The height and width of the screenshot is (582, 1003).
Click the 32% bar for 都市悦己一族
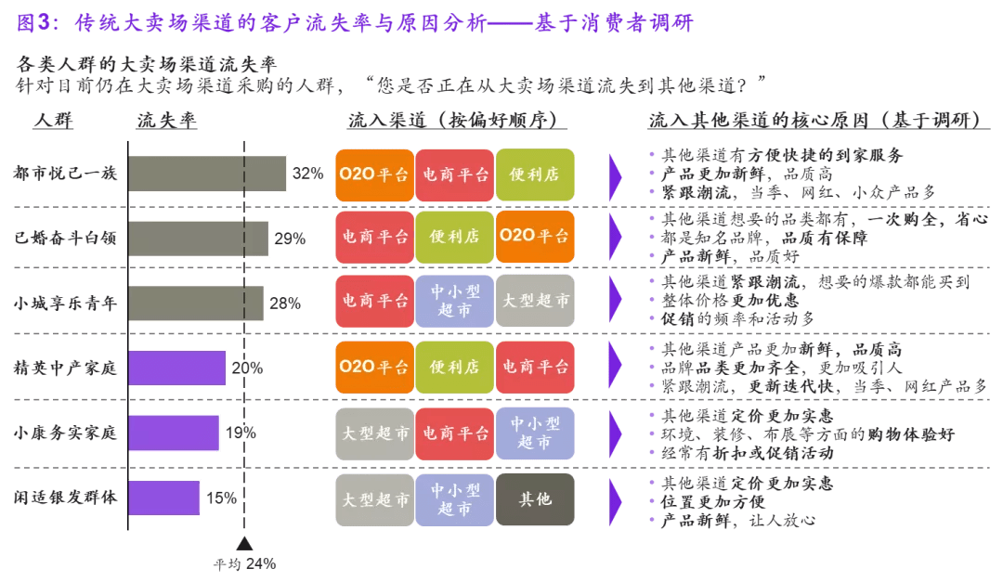pyautogui.click(x=207, y=174)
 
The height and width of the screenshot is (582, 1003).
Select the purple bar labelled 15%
pyautogui.click(x=164, y=498)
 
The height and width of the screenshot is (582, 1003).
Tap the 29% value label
pyautogui.click(x=290, y=239)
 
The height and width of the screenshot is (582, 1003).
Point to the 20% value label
pyautogui.click(x=246, y=368)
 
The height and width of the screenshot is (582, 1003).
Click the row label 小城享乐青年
pyautogui.click(x=65, y=303)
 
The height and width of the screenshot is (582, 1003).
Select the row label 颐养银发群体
pyautogui.click(x=65, y=498)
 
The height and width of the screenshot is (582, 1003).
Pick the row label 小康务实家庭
pyautogui.click(x=65, y=433)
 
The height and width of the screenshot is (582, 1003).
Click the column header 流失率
pyautogui.click(x=167, y=122)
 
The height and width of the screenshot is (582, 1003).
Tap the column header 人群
pyautogui.click(x=53, y=122)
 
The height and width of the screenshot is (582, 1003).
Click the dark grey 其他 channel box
pyautogui.click(x=534, y=498)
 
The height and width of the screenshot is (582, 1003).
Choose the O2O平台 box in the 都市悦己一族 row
pyautogui.click(x=374, y=174)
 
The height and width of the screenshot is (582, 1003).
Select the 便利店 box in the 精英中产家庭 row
pyautogui.click(x=454, y=368)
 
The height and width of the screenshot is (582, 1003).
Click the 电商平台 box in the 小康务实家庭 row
pyautogui.click(x=454, y=433)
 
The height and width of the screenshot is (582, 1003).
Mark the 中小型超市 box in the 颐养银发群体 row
pyautogui.click(x=454, y=498)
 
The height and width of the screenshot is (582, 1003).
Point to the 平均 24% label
pyautogui.click(x=244, y=563)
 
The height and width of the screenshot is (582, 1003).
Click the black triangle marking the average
pyautogui.click(x=244, y=544)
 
